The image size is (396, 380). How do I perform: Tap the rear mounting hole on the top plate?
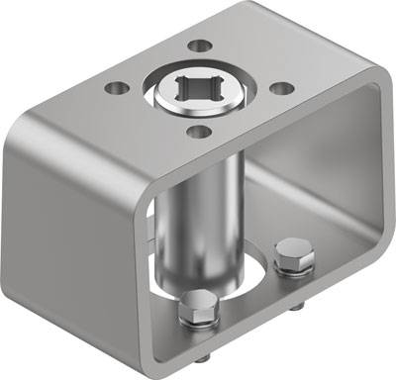(x=199, y=46)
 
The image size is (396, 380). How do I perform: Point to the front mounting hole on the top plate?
(x=199, y=132)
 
